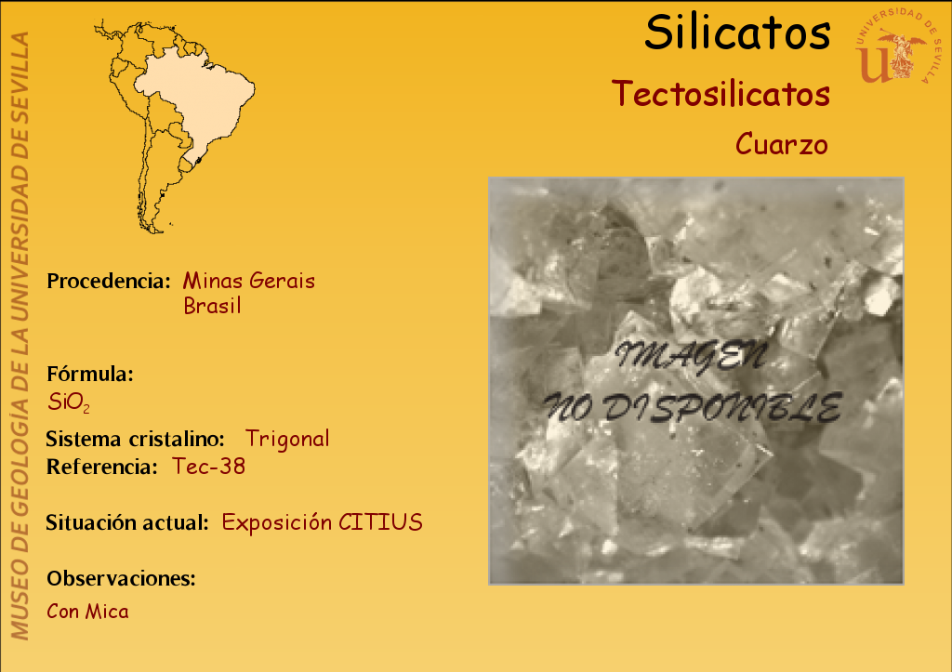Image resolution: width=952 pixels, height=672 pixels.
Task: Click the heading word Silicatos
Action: point(737,33)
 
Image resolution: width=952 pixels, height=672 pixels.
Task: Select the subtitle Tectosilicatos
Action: point(721,94)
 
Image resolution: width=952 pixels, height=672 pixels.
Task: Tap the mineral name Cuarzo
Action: point(781,144)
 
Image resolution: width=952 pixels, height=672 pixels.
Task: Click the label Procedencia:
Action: point(109,281)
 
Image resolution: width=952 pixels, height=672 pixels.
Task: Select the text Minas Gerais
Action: point(249,281)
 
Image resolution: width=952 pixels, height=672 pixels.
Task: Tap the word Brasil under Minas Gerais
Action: point(213,306)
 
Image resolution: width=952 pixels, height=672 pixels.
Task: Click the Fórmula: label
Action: point(90,374)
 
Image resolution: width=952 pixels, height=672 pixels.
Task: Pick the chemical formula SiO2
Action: point(69,402)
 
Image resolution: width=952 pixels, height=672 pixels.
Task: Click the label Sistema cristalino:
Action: point(136,439)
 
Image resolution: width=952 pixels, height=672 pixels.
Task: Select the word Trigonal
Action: point(287,439)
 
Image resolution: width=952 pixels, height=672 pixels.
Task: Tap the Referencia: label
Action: point(102,467)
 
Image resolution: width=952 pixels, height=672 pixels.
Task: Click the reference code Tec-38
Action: point(209,467)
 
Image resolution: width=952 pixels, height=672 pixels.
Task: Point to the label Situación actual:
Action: point(127,522)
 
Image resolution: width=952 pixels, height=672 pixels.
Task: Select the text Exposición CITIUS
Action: point(323,522)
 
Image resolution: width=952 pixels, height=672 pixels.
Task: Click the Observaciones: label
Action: point(122,578)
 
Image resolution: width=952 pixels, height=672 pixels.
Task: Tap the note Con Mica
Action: point(88,612)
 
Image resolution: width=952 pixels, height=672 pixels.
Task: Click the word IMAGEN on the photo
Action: point(691,356)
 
